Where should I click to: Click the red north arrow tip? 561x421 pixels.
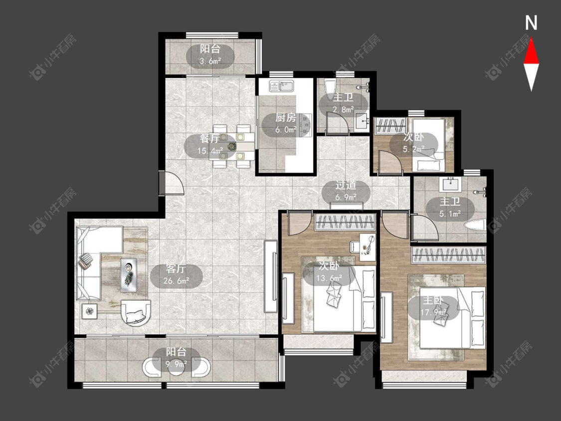[x=531, y=39]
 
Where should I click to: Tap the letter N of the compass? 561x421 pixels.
[x=531, y=23]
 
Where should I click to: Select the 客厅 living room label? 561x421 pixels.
[x=176, y=269]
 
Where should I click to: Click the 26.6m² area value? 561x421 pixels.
[x=176, y=281]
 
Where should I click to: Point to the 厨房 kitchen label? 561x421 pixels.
[x=286, y=118]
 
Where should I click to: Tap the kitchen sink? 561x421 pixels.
[x=282, y=86]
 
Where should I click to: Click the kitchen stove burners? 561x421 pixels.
[x=306, y=125]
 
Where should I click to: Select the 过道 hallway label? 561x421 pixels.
[x=346, y=185]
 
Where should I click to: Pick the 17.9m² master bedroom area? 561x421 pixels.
[x=433, y=313]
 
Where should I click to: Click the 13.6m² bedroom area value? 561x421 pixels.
[x=329, y=278]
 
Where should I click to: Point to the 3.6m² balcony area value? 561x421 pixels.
[x=210, y=61]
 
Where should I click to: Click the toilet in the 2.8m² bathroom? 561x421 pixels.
[x=330, y=86]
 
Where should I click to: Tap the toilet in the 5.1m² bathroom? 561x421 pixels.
[x=475, y=225]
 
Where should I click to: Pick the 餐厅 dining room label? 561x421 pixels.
[x=209, y=139]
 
